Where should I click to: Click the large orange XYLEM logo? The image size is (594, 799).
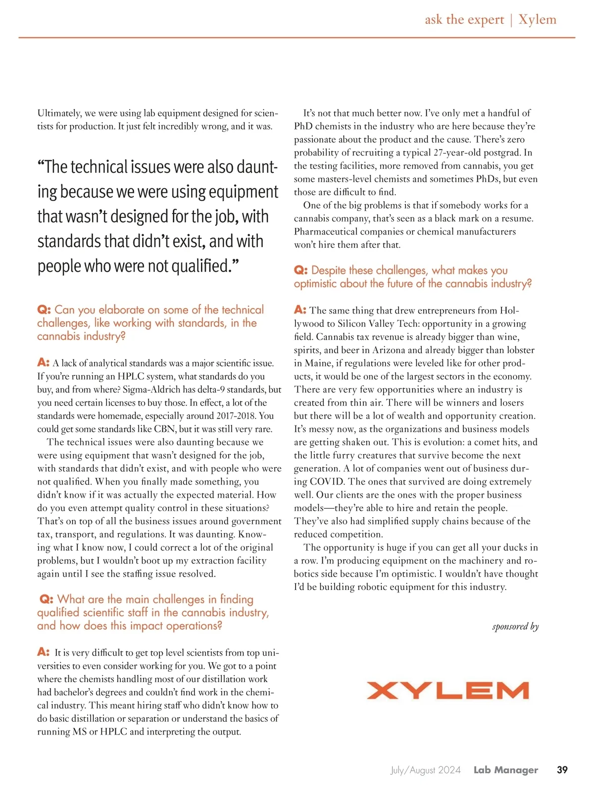(x=447, y=690)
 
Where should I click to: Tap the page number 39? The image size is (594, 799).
(x=562, y=770)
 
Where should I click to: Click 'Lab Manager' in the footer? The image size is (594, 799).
(x=505, y=770)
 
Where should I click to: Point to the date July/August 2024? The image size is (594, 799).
(x=425, y=770)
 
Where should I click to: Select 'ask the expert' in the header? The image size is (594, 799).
(x=464, y=20)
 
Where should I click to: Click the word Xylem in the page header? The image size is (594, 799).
(x=537, y=20)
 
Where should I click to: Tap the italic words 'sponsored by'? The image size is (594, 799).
(x=515, y=627)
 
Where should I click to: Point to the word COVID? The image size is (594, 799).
(x=329, y=481)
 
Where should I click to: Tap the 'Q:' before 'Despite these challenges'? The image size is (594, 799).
(x=300, y=270)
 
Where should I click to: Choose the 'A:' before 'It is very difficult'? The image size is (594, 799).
(x=44, y=652)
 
